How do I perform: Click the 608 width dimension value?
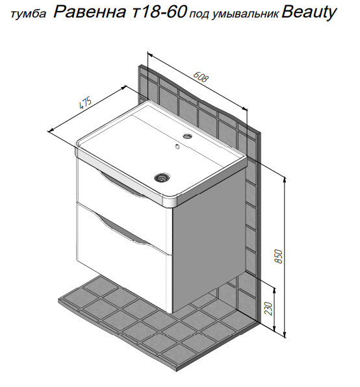pos(201,77)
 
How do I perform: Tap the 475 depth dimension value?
pos(85,103)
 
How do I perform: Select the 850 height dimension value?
pos(278,256)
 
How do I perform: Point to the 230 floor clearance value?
pos(268,308)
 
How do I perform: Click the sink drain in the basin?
pos(162,177)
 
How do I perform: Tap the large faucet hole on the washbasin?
pos(188,136)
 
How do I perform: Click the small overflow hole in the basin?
pos(177,146)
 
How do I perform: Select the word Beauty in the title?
pos(309,12)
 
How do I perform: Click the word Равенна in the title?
pos(90,12)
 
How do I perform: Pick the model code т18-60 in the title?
pos(159,12)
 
